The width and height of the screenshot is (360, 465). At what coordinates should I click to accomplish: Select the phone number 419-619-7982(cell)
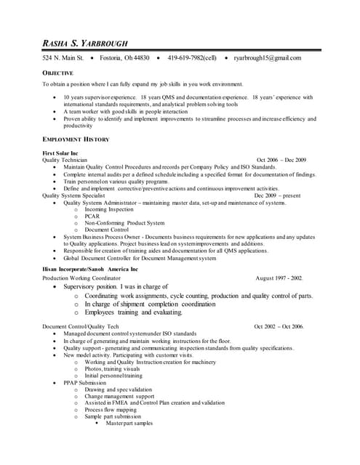(192, 57)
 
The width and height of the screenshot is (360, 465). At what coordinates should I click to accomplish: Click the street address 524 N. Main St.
(64, 57)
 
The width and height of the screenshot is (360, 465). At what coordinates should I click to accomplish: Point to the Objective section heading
(57, 74)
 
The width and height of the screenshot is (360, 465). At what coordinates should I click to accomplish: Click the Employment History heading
(76, 139)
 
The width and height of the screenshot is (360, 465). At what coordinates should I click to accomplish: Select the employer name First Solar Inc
(60, 153)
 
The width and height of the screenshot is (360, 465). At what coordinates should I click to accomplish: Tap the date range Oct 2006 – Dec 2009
(281, 160)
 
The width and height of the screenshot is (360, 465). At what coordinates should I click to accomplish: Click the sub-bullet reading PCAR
(92, 216)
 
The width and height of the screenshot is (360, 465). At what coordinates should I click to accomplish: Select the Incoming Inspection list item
(106, 209)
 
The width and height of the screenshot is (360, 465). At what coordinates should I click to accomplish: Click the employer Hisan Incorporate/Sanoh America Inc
(90, 269)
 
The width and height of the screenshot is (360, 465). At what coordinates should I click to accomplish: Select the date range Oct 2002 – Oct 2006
(279, 327)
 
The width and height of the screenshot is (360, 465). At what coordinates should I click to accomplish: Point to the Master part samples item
(129, 423)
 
